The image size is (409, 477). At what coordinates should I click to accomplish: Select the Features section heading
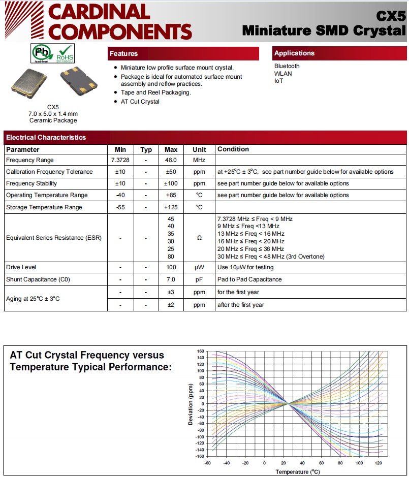tap(124, 53)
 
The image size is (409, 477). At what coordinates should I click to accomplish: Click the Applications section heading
tap(294, 53)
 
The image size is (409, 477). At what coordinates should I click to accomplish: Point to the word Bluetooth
tap(287, 66)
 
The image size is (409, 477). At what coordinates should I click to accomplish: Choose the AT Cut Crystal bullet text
tap(140, 102)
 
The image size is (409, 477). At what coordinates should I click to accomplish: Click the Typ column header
tap(146, 149)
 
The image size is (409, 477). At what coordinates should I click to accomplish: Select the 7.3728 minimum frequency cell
tap(120, 160)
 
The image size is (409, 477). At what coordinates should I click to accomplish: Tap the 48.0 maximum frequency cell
tap(171, 160)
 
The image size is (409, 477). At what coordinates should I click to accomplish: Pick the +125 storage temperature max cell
tap(171, 207)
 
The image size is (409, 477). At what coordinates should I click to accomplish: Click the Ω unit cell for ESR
tap(199, 238)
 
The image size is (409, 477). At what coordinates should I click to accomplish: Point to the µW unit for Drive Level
tap(199, 267)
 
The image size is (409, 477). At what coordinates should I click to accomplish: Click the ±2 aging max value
tap(171, 305)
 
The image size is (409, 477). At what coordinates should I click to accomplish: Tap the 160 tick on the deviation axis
tap(200, 351)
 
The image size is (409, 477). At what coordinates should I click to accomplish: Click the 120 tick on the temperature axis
tap(378, 463)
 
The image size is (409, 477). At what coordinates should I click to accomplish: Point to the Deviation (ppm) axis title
tap(191, 404)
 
